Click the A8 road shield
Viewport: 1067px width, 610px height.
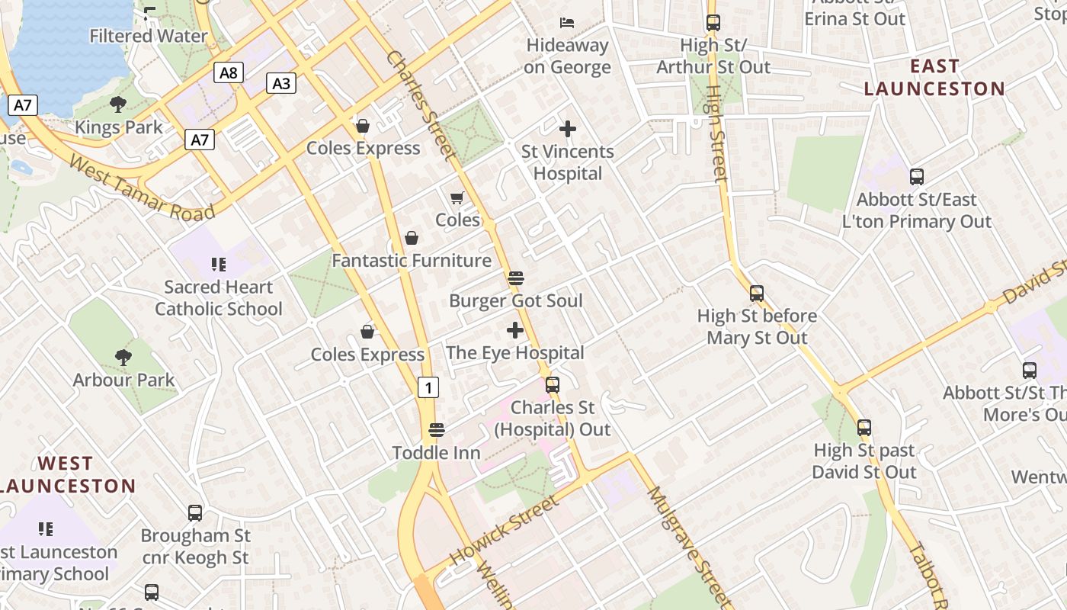[228, 72]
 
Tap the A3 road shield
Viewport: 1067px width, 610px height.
[281, 83]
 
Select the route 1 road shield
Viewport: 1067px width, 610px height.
[428, 387]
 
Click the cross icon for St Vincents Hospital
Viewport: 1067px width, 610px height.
[568, 129]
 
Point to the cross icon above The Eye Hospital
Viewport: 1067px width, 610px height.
[515, 330]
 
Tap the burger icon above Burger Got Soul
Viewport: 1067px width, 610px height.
[516, 278]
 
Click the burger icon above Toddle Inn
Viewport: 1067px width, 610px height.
[437, 430]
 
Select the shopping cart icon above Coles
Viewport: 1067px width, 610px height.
[457, 198]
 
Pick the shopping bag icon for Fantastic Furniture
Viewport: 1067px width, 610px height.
[412, 238]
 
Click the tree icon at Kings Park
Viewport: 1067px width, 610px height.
[118, 104]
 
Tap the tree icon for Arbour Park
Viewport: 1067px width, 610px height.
[123, 357]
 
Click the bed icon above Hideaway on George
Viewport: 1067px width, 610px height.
[568, 22]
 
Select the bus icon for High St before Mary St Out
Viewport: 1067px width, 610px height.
[757, 294]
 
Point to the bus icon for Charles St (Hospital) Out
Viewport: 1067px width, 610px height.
[553, 385]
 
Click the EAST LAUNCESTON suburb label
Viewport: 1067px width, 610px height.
[934, 78]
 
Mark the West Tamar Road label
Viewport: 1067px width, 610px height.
[142, 188]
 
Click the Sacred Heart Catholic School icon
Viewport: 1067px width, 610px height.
[219, 265]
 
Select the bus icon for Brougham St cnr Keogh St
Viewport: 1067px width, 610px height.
[195, 513]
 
